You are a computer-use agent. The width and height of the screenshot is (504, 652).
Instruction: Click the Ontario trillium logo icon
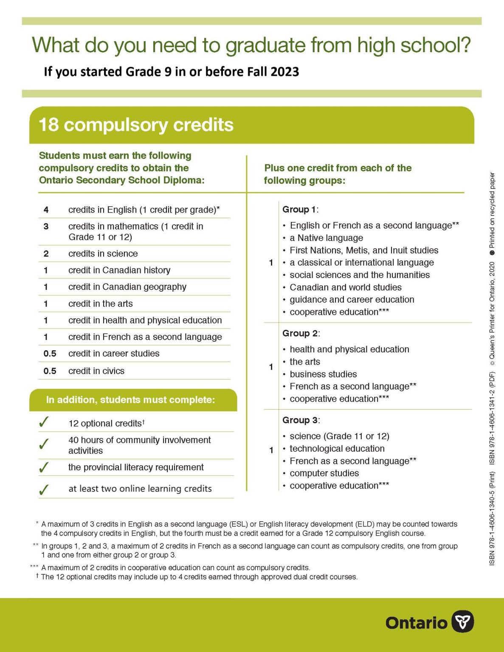[x=462, y=622]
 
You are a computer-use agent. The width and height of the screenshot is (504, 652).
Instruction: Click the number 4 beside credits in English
[x=46, y=210]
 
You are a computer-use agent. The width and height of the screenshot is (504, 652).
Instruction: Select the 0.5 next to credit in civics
[x=50, y=371]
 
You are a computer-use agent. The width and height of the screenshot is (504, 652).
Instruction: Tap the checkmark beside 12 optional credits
[x=44, y=422]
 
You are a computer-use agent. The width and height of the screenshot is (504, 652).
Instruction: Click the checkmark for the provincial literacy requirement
[x=44, y=467]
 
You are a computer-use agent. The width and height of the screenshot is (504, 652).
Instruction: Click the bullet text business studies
[x=323, y=374]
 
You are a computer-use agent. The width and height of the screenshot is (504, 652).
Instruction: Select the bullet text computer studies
[x=324, y=473]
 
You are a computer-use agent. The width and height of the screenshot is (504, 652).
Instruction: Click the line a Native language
[x=326, y=238]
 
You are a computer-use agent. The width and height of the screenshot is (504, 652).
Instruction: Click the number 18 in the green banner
[x=48, y=125]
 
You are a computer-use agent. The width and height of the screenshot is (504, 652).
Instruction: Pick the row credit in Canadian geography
[x=127, y=287]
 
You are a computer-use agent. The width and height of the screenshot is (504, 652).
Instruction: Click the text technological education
[x=337, y=449]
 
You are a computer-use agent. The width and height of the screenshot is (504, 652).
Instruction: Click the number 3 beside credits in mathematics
[x=46, y=226]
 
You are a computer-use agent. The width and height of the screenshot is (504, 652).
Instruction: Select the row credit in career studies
[x=114, y=354]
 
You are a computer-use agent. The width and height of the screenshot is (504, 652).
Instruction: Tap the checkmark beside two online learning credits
[x=44, y=490]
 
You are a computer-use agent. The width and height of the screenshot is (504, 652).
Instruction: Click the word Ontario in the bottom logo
[x=416, y=623]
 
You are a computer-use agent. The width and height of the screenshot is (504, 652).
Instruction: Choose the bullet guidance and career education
[x=352, y=300]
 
